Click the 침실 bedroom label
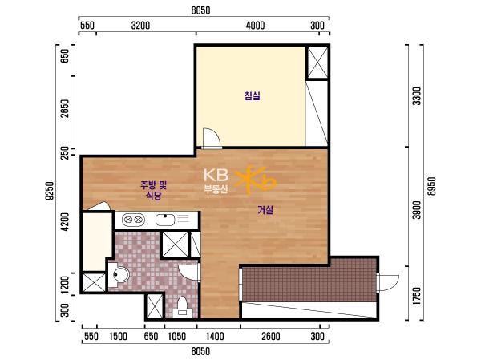pyautogui.click(x=253, y=95)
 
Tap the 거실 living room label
pyautogui.click(x=265, y=210)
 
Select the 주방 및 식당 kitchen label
pyautogui.click(x=154, y=190)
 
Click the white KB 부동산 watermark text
pyautogui.click(x=216, y=180)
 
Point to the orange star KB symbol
pyautogui.click(x=256, y=180)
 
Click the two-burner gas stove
pyautogui.click(x=133, y=220)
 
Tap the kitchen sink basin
pyautogui.click(x=165, y=220)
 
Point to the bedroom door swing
pyautogui.click(x=212, y=138)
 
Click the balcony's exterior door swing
pyautogui.click(x=387, y=283)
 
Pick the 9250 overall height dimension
pyautogui.click(x=50, y=191)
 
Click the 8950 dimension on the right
pyautogui.click(x=431, y=186)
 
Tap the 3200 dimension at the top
pyautogui.click(x=140, y=26)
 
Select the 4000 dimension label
pyautogui.click(x=255, y=26)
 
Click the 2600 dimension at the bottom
pyautogui.click(x=271, y=337)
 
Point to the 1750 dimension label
pyautogui.click(x=417, y=296)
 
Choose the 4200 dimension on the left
pyautogui.click(x=65, y=221)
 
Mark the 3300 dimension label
pyautogui.click(x=417, y=96)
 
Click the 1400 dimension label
pyautogui.click(x=215, y=337)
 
